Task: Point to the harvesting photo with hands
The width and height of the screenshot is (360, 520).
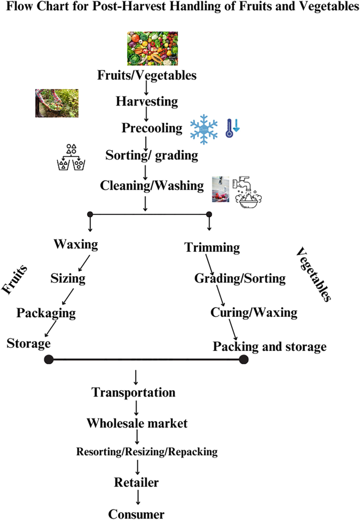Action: tap(57, 103)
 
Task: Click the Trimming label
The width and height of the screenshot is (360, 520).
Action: tap(212, 247)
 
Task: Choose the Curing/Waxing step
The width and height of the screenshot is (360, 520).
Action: tap(254, 313)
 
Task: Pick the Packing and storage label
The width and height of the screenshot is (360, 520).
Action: tap(269, 347)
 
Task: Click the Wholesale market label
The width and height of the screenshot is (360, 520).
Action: tap(137, 422)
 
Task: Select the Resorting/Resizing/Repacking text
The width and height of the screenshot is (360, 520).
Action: tap(147, 451)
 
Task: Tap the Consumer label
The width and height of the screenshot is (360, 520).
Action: tap(137, 513)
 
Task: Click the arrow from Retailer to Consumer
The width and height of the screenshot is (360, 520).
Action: tap(137, 497)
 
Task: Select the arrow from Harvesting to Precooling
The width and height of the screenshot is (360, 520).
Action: tap(146, 113)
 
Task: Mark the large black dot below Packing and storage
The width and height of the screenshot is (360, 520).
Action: tap(243, 359)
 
